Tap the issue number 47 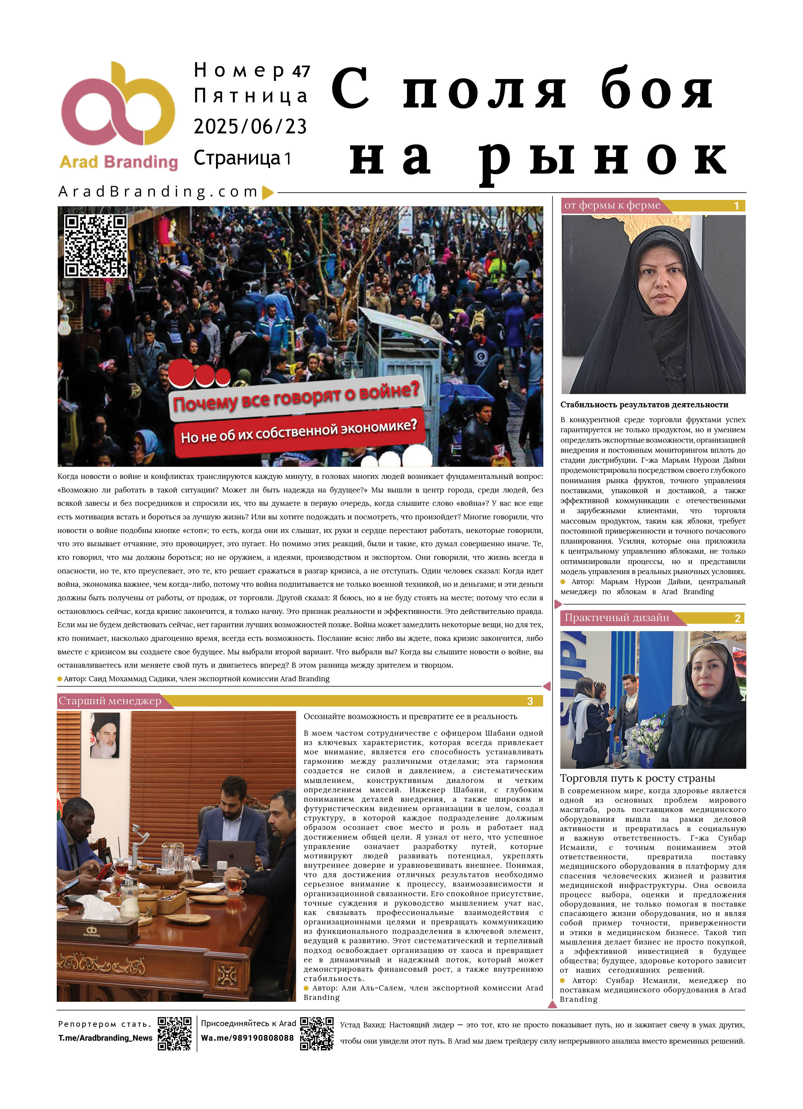[301, 71]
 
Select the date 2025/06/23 [250, 127]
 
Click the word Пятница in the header [250, 96]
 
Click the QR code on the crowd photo [96, 245]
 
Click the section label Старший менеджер [110, 701]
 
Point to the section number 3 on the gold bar [530, 701]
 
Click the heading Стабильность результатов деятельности [644, 404]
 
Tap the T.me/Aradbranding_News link [105, 1038]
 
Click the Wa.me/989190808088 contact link [247, 1038]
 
